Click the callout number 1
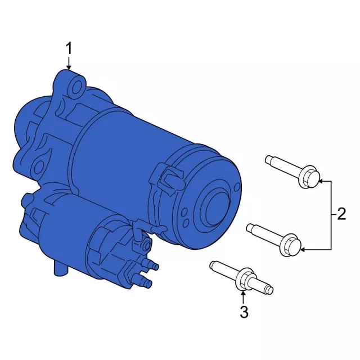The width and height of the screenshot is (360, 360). pos(69,49)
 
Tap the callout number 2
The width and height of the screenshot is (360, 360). pos(341,214)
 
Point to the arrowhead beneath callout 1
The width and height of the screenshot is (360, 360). pos(69,67)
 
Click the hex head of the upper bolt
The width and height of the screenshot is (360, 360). pos(308,177)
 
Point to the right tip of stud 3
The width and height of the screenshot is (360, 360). pos(271,290)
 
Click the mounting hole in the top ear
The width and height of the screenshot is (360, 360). pos(77,87)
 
